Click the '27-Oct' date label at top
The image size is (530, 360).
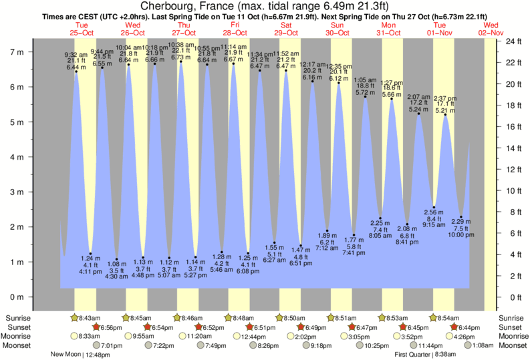(184, 32)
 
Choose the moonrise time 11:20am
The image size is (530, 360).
(201, 337)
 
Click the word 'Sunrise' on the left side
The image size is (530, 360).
(18, 318)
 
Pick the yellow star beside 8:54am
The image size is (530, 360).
(434, 318)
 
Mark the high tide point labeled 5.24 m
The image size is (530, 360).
(419, 114)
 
